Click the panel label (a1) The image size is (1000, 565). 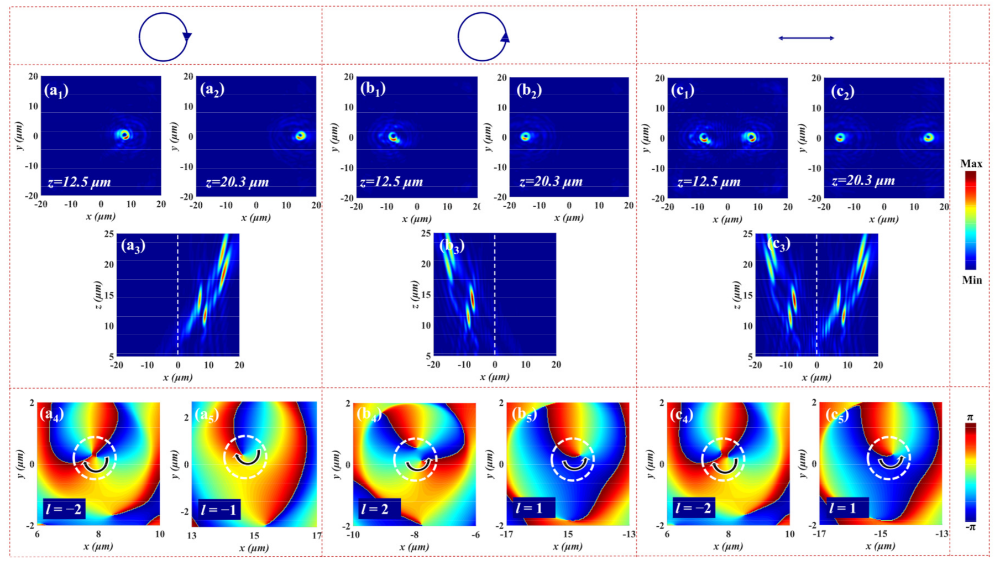56,90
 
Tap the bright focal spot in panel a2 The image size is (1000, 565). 300,135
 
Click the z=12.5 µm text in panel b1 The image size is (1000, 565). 391,182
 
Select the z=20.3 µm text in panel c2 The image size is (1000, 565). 863,181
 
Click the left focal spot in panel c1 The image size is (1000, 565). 704,138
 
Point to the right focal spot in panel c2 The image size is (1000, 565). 929,137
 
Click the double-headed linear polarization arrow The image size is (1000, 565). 806,38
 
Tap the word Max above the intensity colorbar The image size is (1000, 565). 971,164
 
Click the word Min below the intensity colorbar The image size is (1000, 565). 972,280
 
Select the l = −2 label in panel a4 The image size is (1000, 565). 64,508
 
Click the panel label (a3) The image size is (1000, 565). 133,245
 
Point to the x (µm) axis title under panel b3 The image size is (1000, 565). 494,377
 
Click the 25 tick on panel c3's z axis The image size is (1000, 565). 747,234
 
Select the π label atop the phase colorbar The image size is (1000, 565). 970,417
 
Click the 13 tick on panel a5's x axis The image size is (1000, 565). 192,536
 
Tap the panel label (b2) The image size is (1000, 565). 529,90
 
